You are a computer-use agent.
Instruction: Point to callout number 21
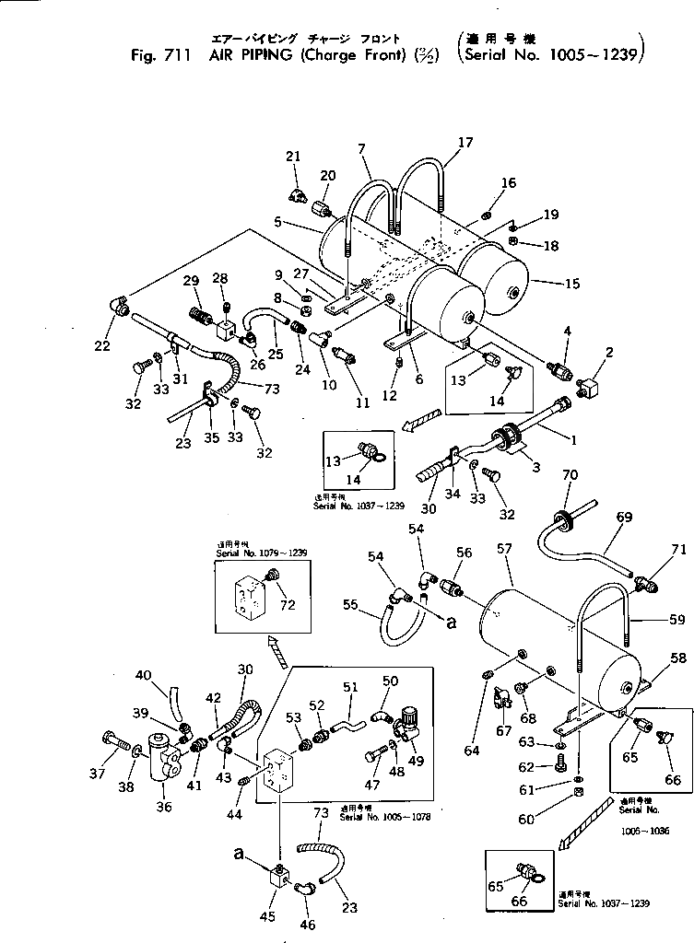293,157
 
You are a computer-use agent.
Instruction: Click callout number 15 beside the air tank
572,284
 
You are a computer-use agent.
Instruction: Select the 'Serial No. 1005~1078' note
385,816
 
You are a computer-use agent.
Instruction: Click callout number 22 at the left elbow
101,345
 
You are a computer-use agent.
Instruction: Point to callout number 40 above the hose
144,677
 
